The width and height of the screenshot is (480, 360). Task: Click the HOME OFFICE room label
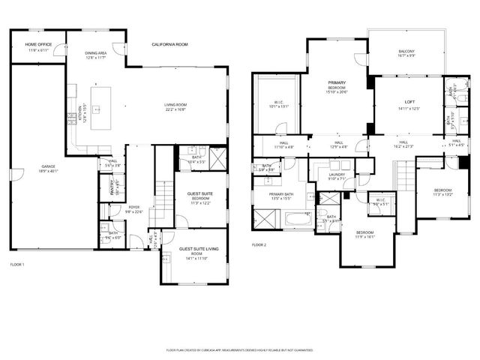pyautogui.click(x=37, y=45)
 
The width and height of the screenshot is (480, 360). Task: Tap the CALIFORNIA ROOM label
pyautogui.click(x=169, y=45)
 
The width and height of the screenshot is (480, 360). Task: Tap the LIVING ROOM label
pyautogui.click(x=175, y=105)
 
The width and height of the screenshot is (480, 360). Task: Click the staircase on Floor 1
pyautogui.click(x=162, y=199)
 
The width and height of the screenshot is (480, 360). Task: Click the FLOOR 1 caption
pyautogui.click(x=17, y=265)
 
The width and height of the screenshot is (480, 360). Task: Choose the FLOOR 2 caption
pyautogui.click(x=259, y=245)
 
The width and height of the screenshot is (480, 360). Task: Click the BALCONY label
pyautogui.click(x=406, y=51)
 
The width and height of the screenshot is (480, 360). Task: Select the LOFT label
pyautogui.click(x=409, y=102)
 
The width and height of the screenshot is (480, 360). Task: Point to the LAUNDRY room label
pyautogui.click(x=337, y=175)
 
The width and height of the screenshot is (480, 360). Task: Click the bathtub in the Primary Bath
pyautogui.click(x=298, y=220)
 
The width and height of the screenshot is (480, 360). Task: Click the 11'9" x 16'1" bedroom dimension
pyautogui.click(x=364, y=236)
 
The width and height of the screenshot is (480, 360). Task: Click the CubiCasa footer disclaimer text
pyautogui.click(x=240, y=349)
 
